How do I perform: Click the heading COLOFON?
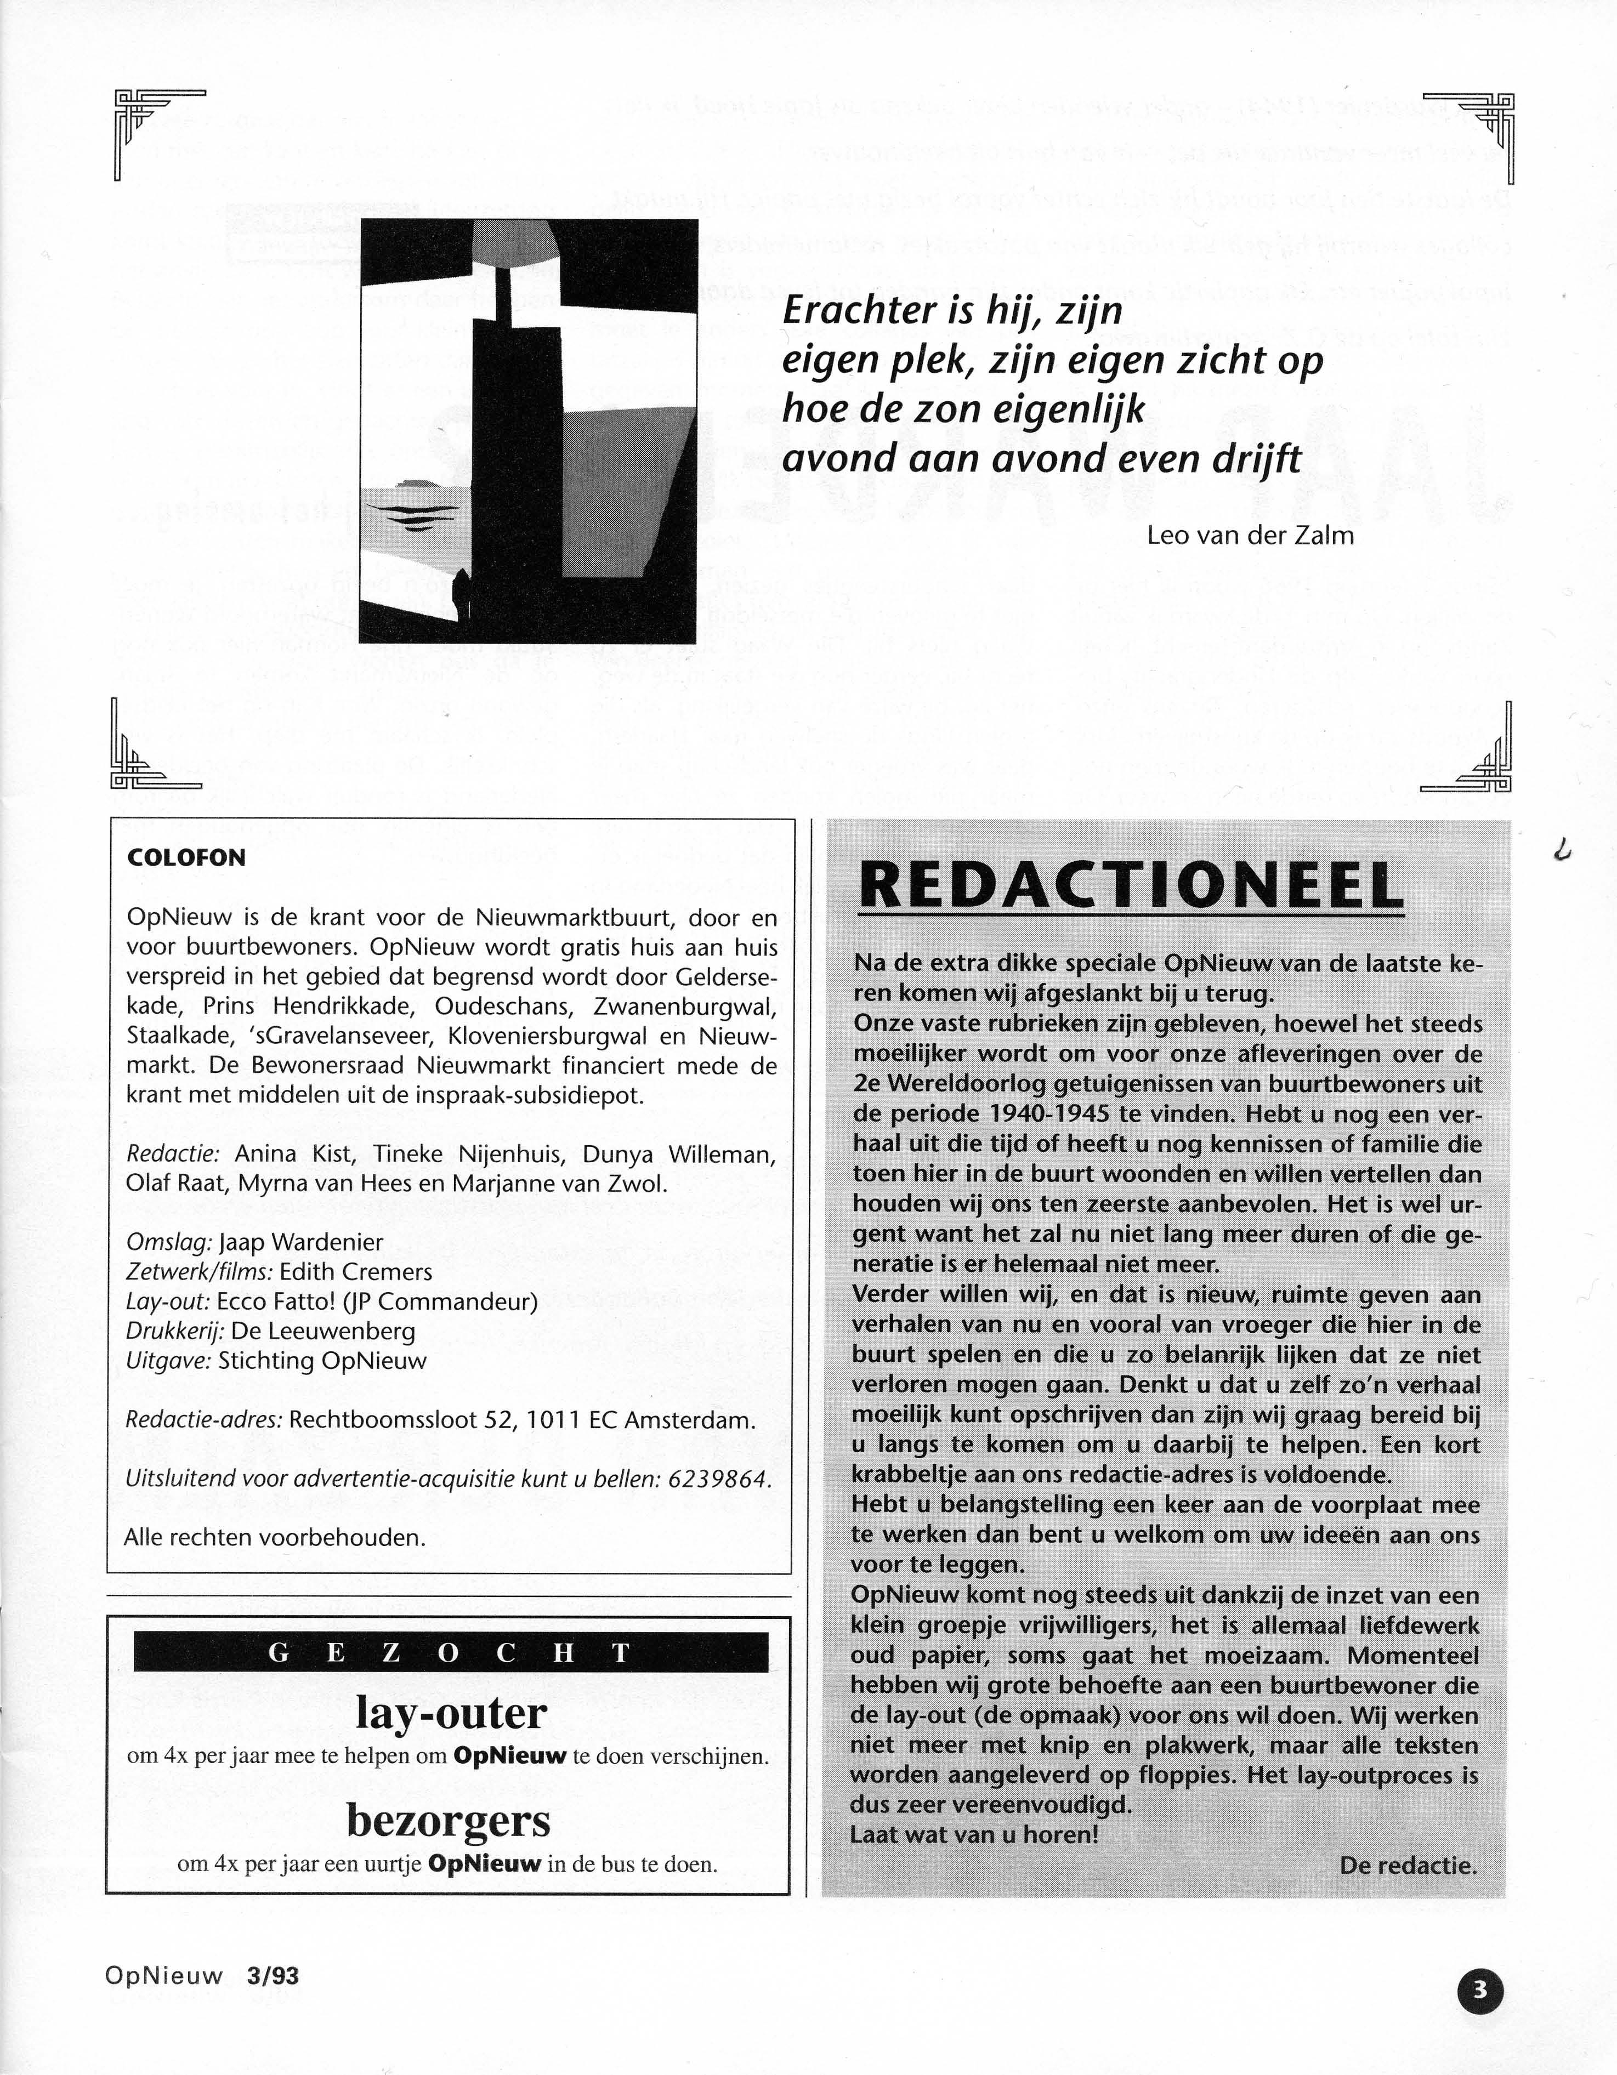186,858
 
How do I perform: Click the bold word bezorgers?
449,1821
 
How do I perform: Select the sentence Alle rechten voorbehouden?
275,1537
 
